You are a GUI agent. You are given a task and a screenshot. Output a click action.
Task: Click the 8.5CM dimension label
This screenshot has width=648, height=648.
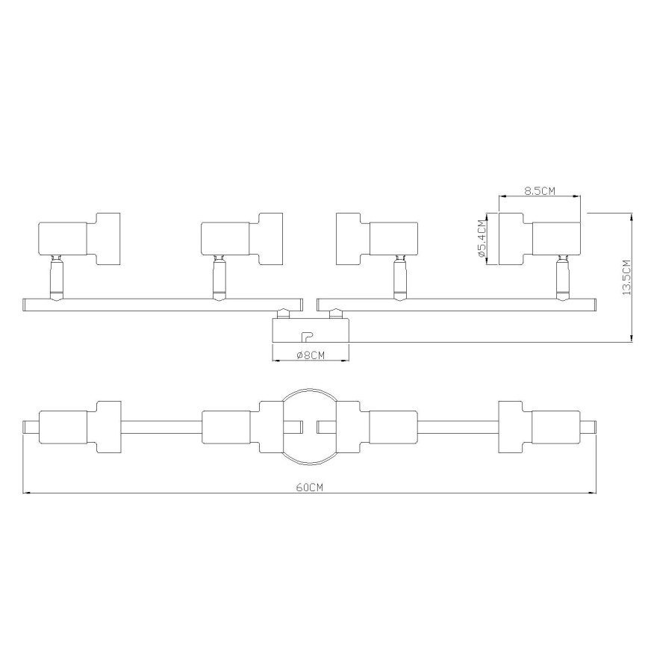tap(540, 190)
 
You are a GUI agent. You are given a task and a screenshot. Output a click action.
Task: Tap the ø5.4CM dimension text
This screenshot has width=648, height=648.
tap(482, 239)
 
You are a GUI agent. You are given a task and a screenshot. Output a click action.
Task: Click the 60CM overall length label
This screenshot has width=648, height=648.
tap(309, 487)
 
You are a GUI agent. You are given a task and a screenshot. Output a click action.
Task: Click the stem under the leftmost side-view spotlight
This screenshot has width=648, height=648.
tap(55, 279)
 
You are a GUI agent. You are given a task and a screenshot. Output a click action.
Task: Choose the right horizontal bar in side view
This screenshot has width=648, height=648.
tap(457, 305)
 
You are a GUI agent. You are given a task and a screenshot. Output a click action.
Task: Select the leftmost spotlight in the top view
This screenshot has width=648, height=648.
tap(78, 427)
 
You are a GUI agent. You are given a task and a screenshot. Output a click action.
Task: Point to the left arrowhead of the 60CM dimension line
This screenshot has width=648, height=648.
tap(26, 493)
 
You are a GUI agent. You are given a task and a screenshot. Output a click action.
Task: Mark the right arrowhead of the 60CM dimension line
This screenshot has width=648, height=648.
tap(593, 493)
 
